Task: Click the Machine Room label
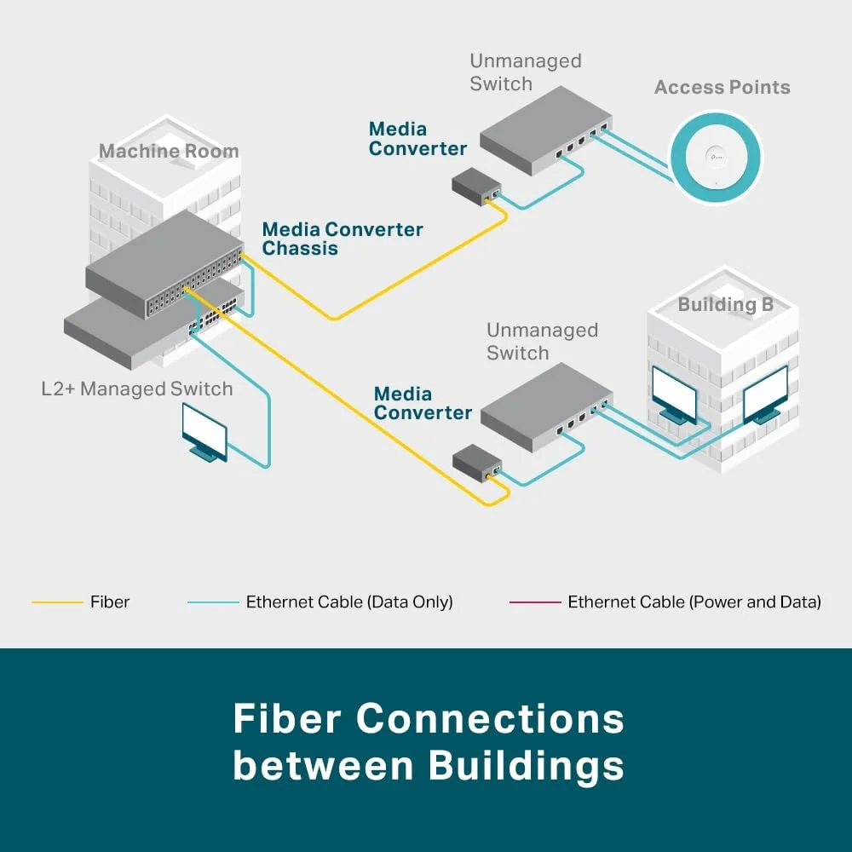click(169, 152)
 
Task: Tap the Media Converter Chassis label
click(342, 239)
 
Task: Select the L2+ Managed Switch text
click(137, 389)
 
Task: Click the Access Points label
click(722, 87)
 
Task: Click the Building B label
click(725, 304)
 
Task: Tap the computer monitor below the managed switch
click(204, 430)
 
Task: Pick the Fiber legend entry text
click(110, 602)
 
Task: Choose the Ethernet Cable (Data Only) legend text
click(349, 602)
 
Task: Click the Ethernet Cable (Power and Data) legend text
click(694, 602)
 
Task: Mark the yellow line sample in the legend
click(56, 602)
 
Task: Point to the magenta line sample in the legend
click(535, 602)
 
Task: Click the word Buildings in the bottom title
click(526, 766)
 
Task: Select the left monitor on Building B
click(673, 392)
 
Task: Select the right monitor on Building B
click(764, 392)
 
